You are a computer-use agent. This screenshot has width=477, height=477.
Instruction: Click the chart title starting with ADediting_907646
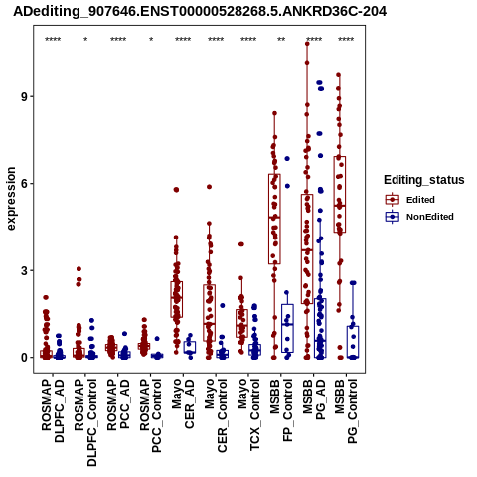[x=200, y=11]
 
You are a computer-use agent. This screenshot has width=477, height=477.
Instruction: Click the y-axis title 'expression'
[x=11, y=199]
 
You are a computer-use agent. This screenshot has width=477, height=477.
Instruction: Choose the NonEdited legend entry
[x=419, y=217]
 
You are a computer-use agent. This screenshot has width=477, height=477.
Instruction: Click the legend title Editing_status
[x=424, y=180]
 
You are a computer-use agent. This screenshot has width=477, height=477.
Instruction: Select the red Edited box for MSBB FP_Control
[x=274, y=219]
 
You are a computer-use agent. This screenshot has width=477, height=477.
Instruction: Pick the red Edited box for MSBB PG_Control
[x=340, y=195]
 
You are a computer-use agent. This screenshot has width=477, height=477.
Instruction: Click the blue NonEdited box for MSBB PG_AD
[x=320, y=328]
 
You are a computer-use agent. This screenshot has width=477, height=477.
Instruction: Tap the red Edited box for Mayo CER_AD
[x=176, y=299]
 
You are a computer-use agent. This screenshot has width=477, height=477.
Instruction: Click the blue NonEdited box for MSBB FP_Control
[x=287, y=328]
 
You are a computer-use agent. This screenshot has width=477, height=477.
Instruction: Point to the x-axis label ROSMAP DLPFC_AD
[x=53, y=410]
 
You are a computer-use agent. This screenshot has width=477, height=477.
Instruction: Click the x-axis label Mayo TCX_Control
[x=248, y=415]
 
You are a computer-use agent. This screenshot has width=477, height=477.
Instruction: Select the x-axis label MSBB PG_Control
[x=347, y=411]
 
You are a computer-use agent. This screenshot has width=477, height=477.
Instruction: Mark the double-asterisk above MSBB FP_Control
[x=281, y=40]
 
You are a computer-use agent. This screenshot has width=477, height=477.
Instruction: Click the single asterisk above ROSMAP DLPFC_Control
[x=85, y=40]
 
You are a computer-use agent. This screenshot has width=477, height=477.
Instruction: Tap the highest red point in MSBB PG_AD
[x=307, y=44]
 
